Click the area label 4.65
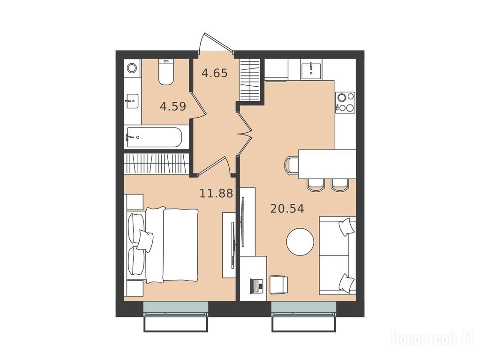[215, 74]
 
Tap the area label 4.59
[173, 106]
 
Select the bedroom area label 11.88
[217, 194]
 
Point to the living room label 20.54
[287, 209]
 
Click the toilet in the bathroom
[166, 72]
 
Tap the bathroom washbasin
[132, 101]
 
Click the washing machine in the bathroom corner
[132, 67]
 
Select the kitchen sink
[311, 69]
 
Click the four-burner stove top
[345, 103]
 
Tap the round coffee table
[300, 242]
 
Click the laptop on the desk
[256, 286]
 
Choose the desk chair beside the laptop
[278, 285]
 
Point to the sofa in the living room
[337, 255]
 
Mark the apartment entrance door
[216, 42]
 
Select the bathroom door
[197, 105]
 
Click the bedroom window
[176, 307]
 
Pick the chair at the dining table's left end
[291, 164]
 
